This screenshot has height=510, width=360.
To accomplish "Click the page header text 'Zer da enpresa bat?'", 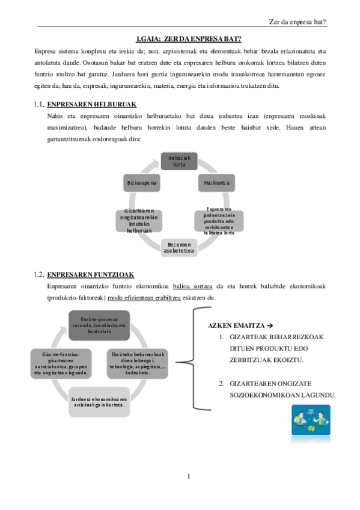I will (299, 22).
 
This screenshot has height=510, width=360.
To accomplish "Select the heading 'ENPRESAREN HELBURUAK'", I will (91, 103).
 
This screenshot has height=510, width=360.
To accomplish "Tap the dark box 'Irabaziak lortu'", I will (179, 162).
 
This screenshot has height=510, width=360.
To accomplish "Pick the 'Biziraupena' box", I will (142, 182).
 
